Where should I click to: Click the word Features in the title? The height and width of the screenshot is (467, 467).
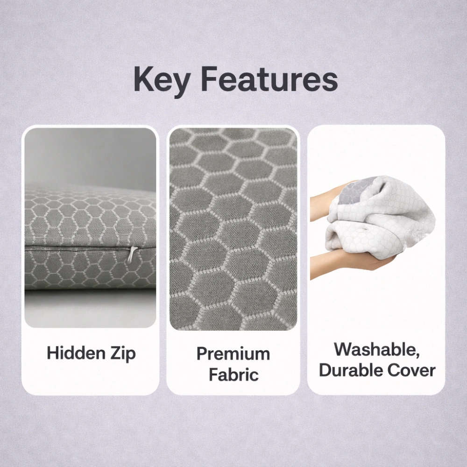[x=269, y=79]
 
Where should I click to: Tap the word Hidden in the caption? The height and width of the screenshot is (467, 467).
[x=76, y=353]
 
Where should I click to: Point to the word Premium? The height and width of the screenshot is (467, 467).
[x=233, y=354]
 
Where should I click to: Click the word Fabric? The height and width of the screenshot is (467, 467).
[x=233, y=375]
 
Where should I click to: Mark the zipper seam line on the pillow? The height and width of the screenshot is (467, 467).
[x=89, y=248]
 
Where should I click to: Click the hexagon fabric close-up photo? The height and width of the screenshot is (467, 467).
[x=233, y=229]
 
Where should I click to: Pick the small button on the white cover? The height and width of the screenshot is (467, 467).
[x=364, y=229]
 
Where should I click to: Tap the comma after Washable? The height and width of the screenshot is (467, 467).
[x=417, y=354]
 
